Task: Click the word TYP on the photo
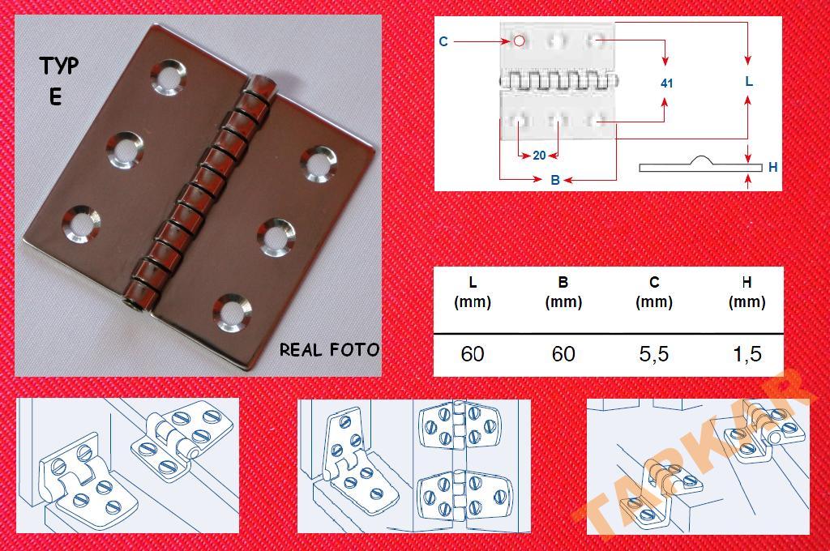click(58, 66)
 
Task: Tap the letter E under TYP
click(56, 97)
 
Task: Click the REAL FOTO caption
click(329, 350)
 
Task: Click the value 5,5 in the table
click(654, 353)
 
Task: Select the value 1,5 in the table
click(747, 353)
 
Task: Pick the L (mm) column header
click(473, 293)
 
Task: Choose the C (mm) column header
click(654, 293)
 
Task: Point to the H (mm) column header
click(747, 293)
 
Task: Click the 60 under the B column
click(563, 353)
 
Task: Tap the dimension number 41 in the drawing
click(666, 83)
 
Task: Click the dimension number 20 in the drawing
click(539, 155)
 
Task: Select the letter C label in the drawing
click(443, 41)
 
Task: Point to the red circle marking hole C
click(520, 41)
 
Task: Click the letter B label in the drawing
click(554, 180)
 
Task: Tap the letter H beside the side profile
click(772, 167)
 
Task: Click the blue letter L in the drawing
click(748, 82)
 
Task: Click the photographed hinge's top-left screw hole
click(169, 77)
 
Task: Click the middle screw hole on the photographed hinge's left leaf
click(124, 151)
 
